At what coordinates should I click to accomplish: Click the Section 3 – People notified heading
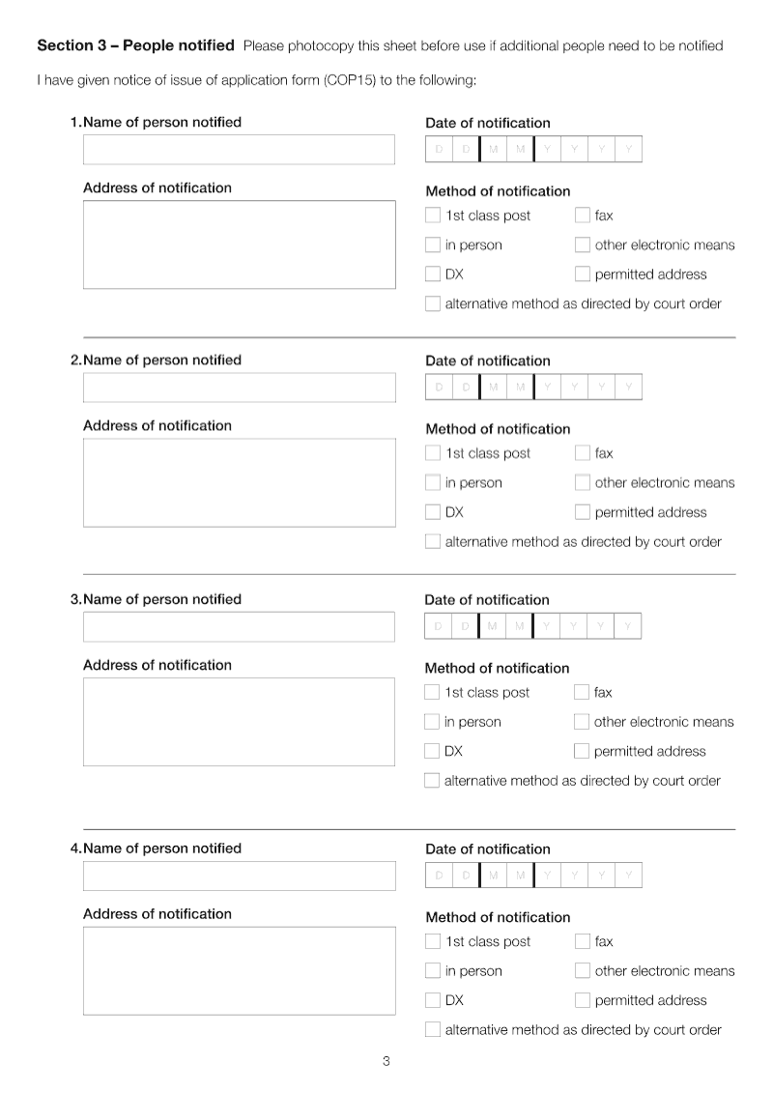coord(135,45)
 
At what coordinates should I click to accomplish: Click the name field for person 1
coord(239,150)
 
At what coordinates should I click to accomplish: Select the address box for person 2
coord(239,482)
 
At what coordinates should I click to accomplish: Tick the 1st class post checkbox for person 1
coord(433,216)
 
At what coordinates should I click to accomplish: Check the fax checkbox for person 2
coord(583,453)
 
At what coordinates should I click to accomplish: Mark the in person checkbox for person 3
coord(432,722)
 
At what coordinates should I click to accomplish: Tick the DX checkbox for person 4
coord(433,1000)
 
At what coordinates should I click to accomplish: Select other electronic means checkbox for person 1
coord(583,245)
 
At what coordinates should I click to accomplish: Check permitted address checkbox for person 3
coord(582,751)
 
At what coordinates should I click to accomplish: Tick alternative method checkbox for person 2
coord(433,542)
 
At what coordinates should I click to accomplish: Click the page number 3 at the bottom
coord(386,1062)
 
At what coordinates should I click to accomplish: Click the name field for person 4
coord(239,876)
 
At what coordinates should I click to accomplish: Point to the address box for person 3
coord(239,721)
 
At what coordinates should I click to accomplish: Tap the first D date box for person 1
coord(439,150)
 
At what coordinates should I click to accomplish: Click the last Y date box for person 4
coord(628,876)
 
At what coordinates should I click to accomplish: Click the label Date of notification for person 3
coord(487,600)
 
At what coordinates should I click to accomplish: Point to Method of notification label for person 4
coord(498,917)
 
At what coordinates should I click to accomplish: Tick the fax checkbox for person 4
coord(583,941)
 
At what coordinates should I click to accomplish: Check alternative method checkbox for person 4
coord(433,1030)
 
